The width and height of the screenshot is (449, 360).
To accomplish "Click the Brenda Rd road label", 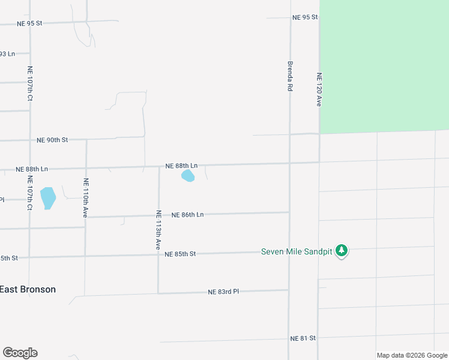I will click(290, 75).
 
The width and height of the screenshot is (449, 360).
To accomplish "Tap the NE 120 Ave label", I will click(319, 90).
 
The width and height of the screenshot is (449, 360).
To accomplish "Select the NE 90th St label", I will click(52, 140).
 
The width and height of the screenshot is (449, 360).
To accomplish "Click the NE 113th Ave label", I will click(158, 230).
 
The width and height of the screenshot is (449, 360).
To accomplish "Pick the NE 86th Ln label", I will click(188, 214).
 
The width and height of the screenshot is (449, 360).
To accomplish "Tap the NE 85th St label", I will click(181, 254).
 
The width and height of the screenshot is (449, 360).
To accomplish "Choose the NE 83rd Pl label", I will click(223, 292).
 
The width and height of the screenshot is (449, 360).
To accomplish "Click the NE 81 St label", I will click(303, 338).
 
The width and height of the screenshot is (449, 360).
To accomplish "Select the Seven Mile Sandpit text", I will click(297, 251).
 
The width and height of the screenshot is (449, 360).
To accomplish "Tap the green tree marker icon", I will click(342, 251).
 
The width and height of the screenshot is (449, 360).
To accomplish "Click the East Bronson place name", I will click(28, 289).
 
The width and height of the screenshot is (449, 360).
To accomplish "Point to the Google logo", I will click(20, 353).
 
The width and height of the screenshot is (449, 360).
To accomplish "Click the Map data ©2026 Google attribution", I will click(412, 355).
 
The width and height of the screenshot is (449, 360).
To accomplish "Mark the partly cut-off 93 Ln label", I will click(7, 54).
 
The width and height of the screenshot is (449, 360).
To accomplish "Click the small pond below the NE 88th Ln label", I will click(188, 176).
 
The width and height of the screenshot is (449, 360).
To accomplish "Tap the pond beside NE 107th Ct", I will click(47, 197).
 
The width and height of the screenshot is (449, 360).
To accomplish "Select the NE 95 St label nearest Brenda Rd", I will click(304, 17).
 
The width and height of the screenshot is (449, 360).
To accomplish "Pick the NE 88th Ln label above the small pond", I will click(182, 165).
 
